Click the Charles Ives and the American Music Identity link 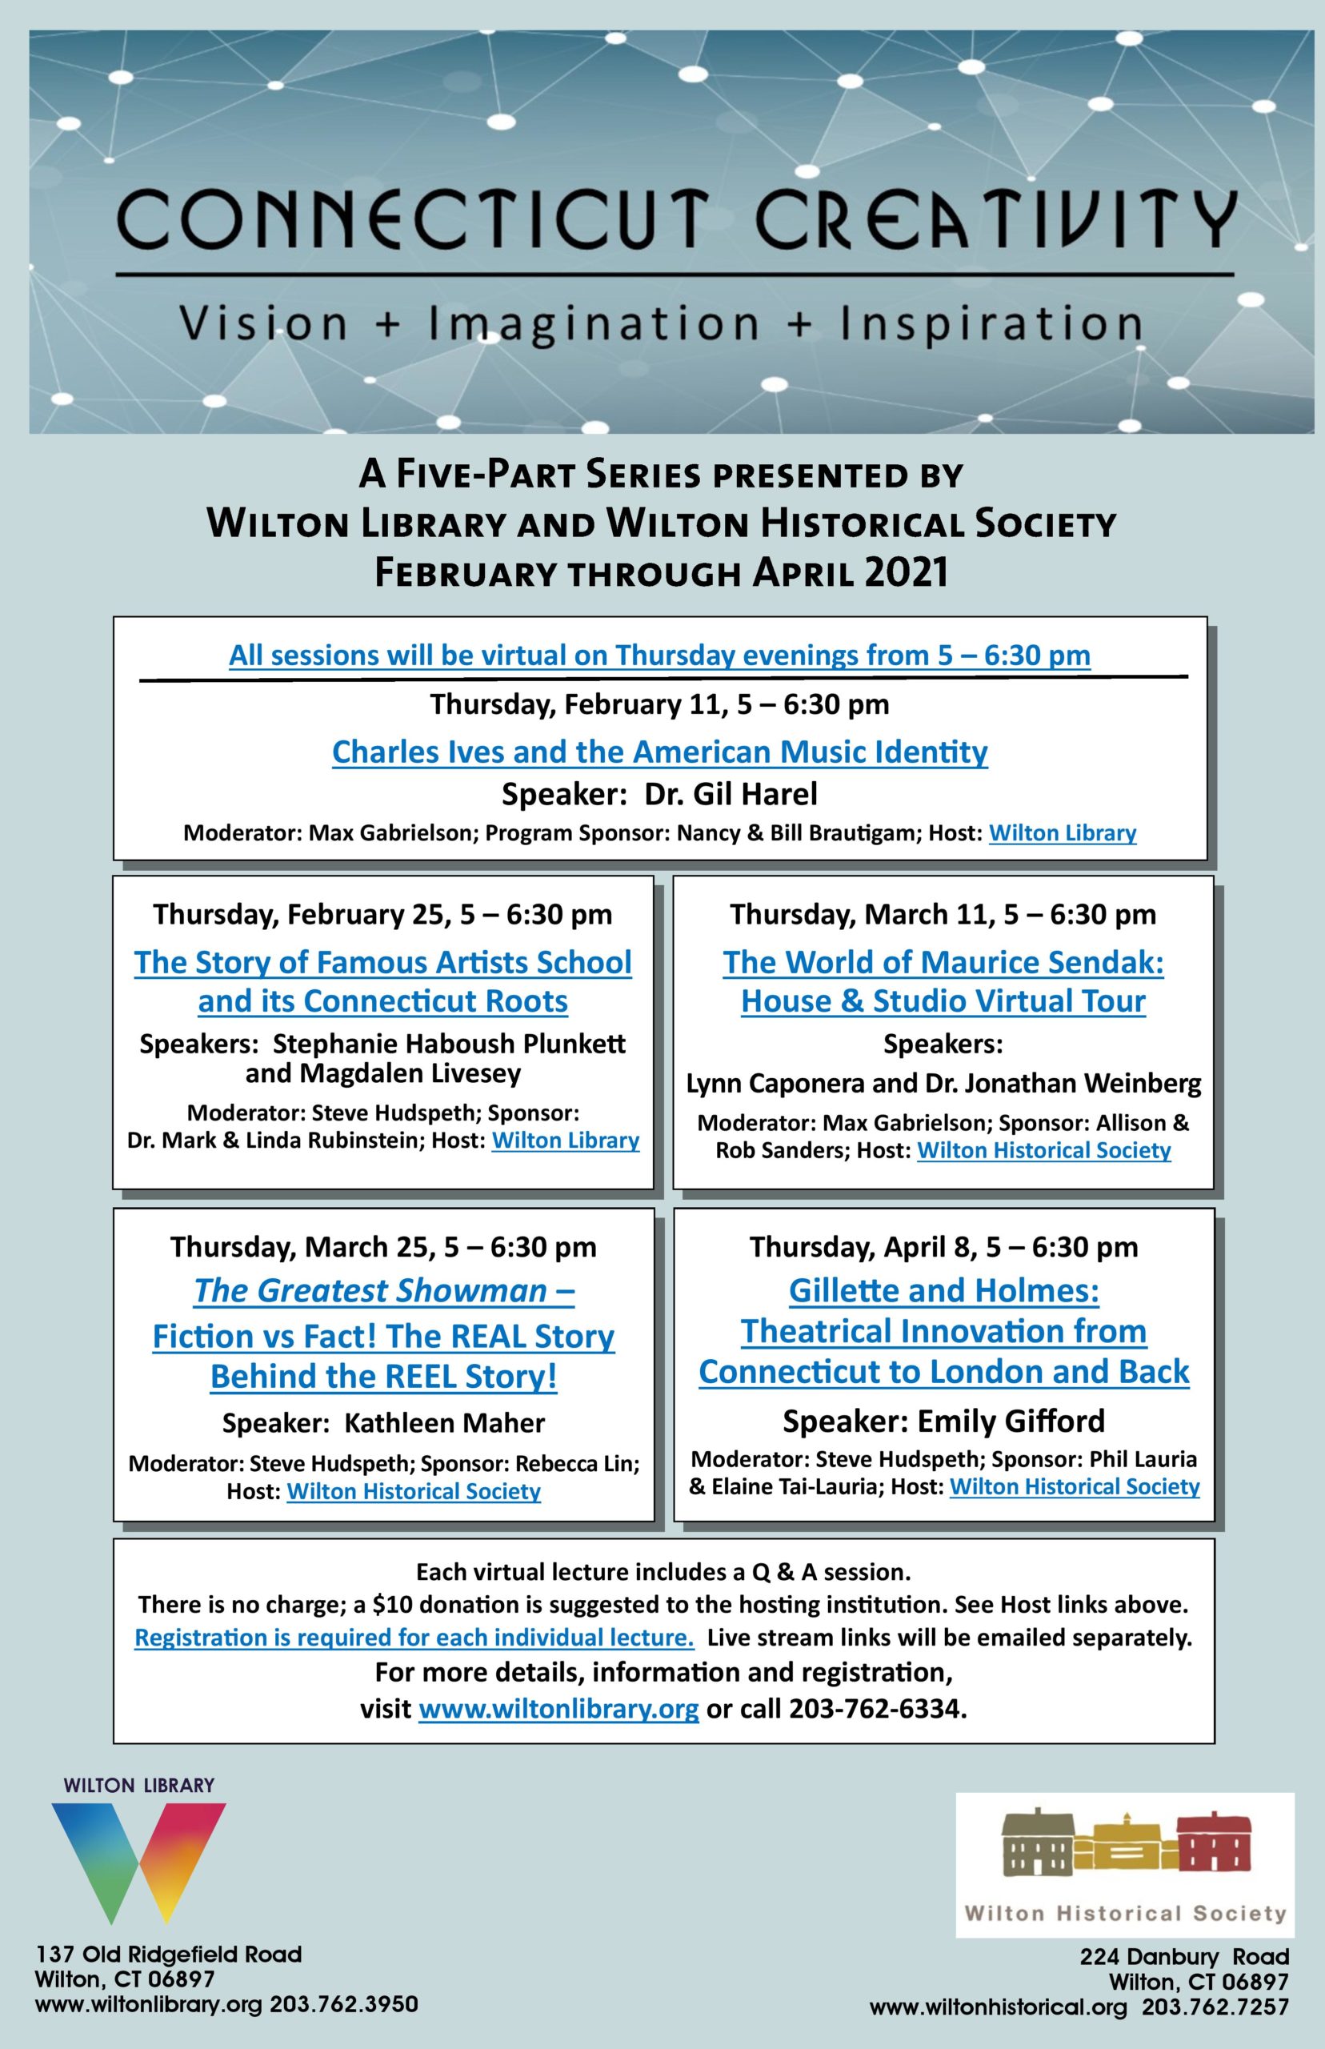660,752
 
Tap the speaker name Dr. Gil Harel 731,793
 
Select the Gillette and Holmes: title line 944,1290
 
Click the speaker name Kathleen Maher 444,1422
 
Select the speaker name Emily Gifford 1011,1421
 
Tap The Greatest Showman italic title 384,1291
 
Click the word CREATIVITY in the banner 995,219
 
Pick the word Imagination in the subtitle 593,324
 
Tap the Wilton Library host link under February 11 1063,833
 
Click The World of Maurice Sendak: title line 943,962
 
